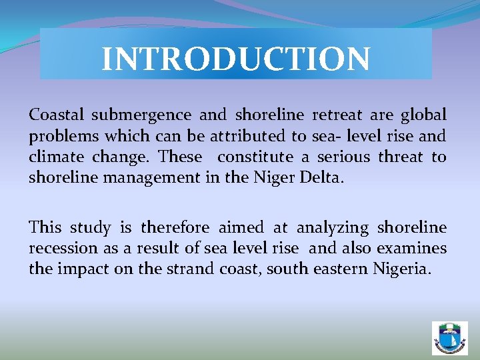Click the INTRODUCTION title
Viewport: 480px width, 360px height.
(x=235, y=58)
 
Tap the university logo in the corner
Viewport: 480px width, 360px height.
(x=450, y=338)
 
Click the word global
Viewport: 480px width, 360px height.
(x=423, y=115)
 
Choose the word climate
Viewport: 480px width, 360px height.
(x=55, y=157)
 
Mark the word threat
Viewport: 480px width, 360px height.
(x=400, y=157)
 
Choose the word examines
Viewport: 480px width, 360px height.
(x=411, y=249)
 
